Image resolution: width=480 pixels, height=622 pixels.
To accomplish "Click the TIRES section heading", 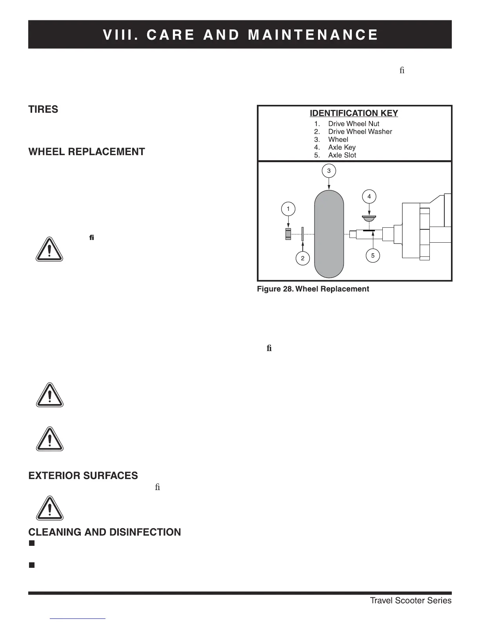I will tap(43, 110).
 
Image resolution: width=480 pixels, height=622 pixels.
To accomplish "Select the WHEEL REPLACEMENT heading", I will tap(87, 152).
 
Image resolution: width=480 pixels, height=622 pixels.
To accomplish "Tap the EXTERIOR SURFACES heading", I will tap(83, 476).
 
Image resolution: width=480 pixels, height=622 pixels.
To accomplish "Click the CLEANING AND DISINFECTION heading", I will tap(105, 532).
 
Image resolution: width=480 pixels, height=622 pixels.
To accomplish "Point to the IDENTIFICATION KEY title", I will tap(354, 113).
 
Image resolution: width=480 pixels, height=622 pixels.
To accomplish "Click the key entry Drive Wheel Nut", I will tap(353, 124).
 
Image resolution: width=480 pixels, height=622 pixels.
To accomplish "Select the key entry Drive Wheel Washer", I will tap(360, 132).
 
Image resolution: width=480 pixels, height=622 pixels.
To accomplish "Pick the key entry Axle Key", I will tap(342, 147).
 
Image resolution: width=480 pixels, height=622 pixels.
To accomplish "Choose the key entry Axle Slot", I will tap(342, 155).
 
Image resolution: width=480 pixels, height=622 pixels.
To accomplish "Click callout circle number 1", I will tap(288, 209).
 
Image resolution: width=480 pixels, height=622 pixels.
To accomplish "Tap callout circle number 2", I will tap(303, 258).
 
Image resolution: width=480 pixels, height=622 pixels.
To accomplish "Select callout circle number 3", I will tap(329, 171).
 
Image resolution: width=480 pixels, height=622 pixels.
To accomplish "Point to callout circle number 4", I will tap(369, 196).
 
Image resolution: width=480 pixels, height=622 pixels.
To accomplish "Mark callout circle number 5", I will tap(373, 256).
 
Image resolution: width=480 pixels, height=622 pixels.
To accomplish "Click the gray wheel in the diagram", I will tap(329, 234).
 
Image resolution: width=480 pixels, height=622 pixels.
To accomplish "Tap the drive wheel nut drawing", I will tap(288, 234).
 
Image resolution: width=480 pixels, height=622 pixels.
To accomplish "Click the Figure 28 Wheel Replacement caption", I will tap(313, 289).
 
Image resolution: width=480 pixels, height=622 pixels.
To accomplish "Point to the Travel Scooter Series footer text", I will tap(411, 601).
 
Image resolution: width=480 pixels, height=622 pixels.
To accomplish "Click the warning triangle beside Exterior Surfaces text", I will tap(49, 508).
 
